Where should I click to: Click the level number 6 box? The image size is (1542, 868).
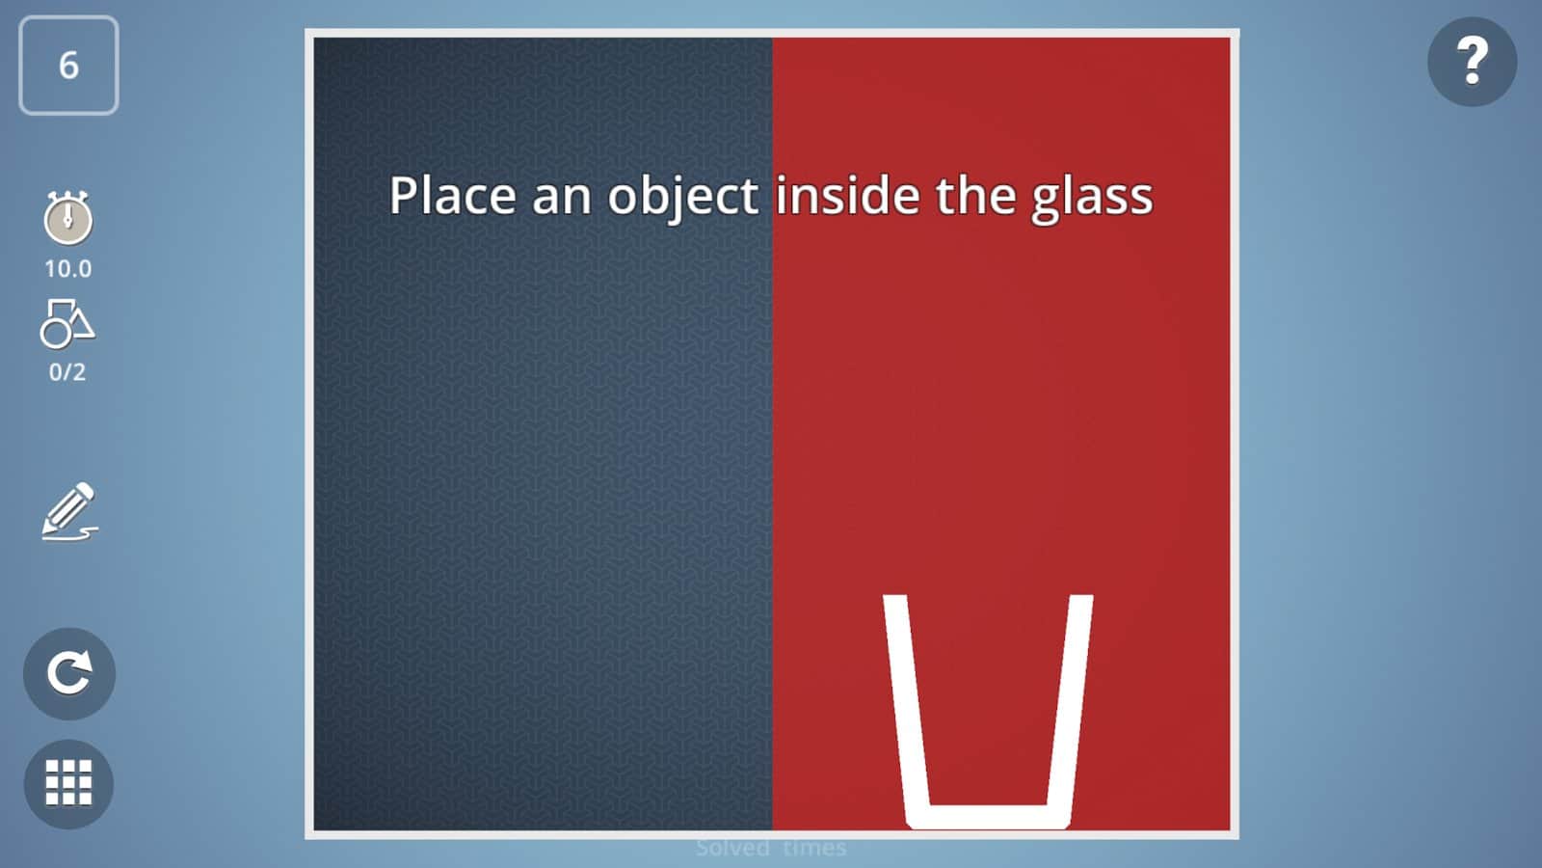coord(68,66)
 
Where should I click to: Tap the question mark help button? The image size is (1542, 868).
coord(1472,62)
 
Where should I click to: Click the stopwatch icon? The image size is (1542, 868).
coord(67,218)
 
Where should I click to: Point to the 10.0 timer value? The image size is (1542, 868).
coord(67,269)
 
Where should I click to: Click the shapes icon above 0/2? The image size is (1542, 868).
coord(67,323)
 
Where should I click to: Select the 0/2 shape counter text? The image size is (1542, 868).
coord(67,372)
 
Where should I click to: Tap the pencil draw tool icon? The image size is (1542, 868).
coord(69,511)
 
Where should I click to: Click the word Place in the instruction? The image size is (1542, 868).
coord(452,196)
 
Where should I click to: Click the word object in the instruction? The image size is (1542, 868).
coord(682,198)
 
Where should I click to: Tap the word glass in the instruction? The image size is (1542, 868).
coord(1092,198)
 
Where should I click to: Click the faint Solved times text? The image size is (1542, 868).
coord(771,848)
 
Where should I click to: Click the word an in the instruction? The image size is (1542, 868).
coord(561,198)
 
